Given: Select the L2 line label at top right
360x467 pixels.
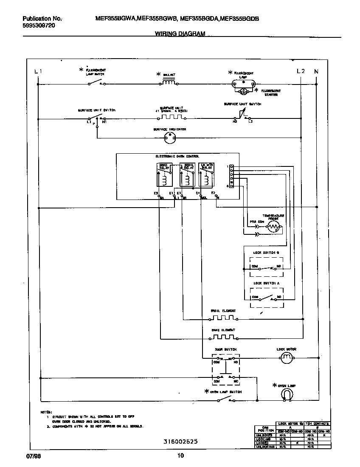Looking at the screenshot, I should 300,71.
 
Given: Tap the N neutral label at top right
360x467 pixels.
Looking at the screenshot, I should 316,71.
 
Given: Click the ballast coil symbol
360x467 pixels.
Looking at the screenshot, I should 169,83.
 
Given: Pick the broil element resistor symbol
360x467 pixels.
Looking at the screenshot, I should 223,318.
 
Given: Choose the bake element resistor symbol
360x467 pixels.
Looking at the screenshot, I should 223,337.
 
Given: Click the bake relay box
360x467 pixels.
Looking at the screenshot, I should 164,174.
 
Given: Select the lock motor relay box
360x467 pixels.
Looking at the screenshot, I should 205,174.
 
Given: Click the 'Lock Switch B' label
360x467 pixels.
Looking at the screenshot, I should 266,253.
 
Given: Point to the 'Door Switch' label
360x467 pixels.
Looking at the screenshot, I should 225,349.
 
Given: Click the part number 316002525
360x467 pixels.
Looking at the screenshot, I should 180,442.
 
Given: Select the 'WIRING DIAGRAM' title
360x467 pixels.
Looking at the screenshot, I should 180,33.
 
